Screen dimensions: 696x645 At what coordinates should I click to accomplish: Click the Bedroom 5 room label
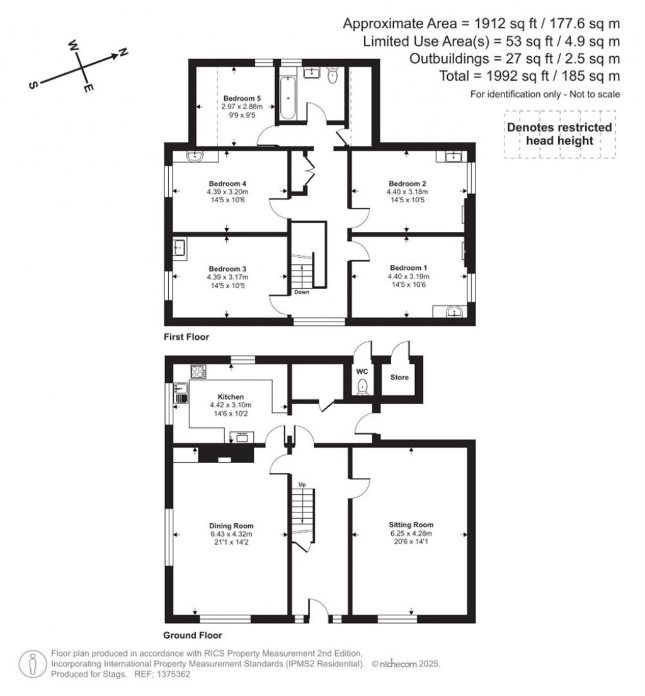click(x=242, y=98)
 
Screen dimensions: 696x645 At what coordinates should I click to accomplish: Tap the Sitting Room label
click(x=411, y=525)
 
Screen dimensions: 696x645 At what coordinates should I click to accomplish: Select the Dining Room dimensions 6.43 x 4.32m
click(x=232, y=535)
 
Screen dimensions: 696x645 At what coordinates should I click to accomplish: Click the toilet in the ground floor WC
click(x=362, y=385)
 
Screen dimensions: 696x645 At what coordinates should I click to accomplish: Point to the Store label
click(x=399, y=378)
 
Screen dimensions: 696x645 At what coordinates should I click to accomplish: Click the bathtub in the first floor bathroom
click(x=288, y=98)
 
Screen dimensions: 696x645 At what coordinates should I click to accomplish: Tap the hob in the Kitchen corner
click(x=198, y=372)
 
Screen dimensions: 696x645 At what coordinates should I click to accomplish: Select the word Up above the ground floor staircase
click(x=302, y=484)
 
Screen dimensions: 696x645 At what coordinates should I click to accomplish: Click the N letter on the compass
click(x=123, y=54)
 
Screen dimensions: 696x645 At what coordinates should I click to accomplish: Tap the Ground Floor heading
click(x=192, y=635)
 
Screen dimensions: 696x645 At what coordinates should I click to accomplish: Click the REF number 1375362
click(x=172, y=674)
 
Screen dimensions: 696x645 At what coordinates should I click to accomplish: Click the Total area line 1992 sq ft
click(x=529, y=76)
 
